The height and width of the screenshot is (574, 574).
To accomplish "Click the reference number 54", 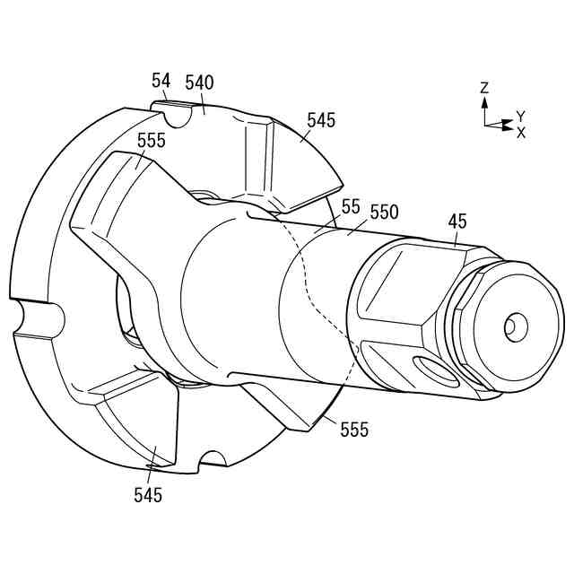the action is pos(161,82).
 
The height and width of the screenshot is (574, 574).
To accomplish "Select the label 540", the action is pos(199,83).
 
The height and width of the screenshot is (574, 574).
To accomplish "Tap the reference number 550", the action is pos(383,213).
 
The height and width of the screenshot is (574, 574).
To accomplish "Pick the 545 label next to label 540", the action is pos(321,119).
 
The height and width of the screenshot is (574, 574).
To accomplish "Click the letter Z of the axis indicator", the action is pos(484,88).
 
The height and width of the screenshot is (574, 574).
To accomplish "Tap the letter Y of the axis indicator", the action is pos(520,117).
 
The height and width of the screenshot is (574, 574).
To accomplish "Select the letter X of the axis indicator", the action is pos(521,132).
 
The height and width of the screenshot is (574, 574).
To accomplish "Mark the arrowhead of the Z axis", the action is pos(484,100).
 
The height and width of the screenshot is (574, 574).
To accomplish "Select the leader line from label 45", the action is pos(456,237).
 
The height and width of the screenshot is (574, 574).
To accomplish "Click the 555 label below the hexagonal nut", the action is pos(353,430).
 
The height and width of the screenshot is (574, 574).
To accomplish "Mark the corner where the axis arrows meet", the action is pos(485,126).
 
